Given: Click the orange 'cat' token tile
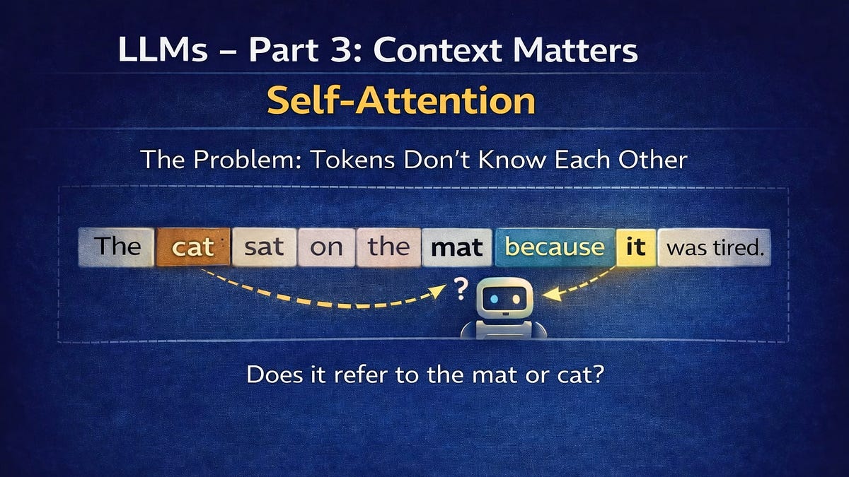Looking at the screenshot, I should point(193,247).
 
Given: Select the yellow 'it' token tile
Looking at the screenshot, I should point(635,247).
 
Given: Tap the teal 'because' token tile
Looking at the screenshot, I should point(555,247).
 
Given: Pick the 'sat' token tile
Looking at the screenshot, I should point(263,247).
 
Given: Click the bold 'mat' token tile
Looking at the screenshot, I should point(456,247).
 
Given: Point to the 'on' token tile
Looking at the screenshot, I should point(325,247).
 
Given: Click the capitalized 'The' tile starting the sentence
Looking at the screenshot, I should point(117,247).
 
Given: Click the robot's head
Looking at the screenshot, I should point(503,300).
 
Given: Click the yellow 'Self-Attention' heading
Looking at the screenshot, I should point(401,102).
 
